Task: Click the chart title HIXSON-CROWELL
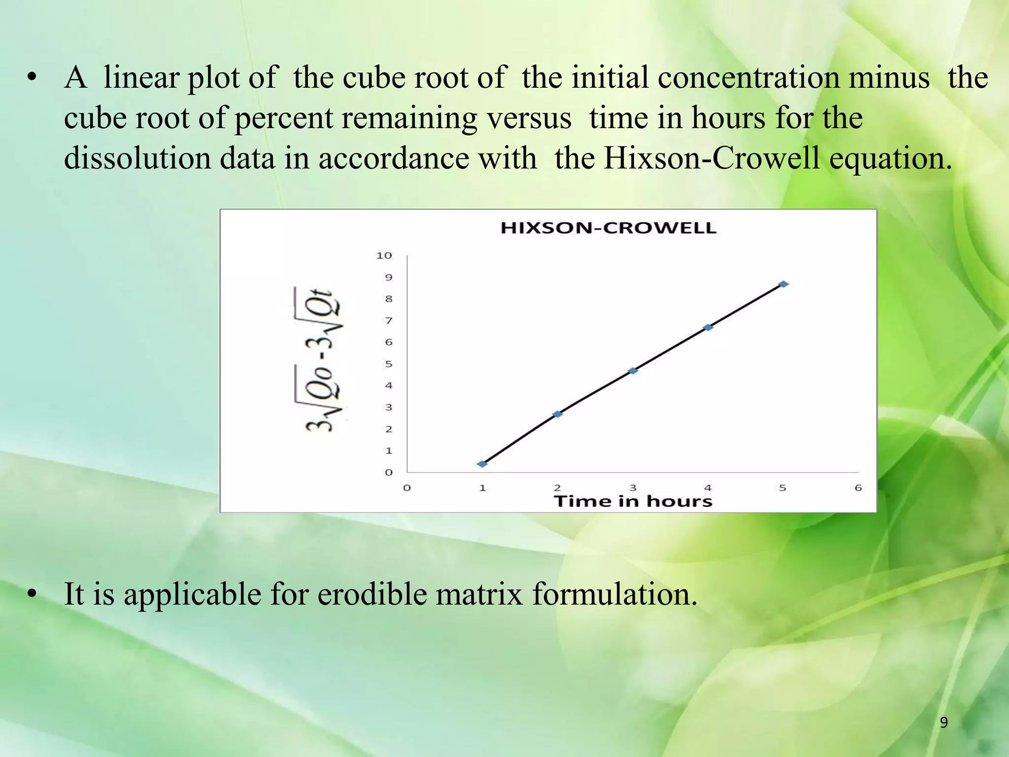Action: click(608, 228)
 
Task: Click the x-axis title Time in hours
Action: click(633, 501)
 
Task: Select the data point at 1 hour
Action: click(482, 464)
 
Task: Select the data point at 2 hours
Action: click(558, 414)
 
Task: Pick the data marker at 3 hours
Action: click(633, 371)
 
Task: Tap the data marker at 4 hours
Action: click(708, 327)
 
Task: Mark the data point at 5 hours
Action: click(783, 284)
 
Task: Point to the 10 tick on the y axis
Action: click(384, 255)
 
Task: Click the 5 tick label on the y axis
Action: click(388, 364)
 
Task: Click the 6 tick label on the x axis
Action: click(858, 488)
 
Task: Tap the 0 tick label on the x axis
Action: click(407, 488)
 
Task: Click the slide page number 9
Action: click(943, 723)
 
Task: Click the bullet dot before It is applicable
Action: click(32, 595)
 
